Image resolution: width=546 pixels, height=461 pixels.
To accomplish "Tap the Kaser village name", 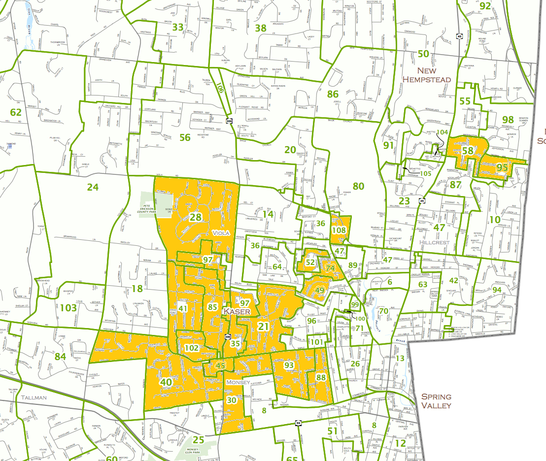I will coord(237,312).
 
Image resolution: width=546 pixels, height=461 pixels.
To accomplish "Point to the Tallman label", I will coord(34,397).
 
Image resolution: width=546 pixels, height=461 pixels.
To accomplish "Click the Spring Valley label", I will coord(436,401).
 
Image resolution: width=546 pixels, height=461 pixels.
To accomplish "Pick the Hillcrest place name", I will coord(436,242).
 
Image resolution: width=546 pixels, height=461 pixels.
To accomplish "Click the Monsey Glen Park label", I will coord(200,452).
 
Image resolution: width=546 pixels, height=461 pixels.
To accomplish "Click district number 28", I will coord(196,217).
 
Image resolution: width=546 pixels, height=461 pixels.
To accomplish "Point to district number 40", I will coord(166,382).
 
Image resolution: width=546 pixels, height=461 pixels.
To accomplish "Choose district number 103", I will coord(69,308).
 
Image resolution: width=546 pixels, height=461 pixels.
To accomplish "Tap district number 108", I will coord(339,230).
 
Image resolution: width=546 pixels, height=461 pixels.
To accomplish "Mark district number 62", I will coord(16,112).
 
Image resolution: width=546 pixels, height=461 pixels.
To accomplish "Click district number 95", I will coord(502,167).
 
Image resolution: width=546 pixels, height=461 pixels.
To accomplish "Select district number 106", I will coord(219,88).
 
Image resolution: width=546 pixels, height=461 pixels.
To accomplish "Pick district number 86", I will coord(333,94).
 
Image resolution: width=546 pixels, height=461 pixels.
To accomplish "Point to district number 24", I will coord(93,187).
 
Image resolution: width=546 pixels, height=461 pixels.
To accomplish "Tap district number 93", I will coord(289,365).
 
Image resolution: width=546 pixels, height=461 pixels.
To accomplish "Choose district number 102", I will coord(192,348).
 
